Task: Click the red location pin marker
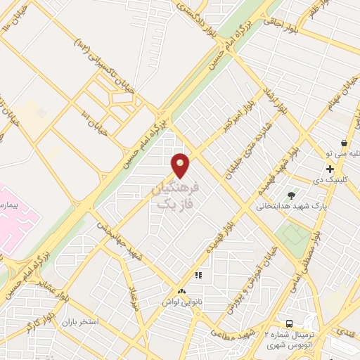pos(181,165)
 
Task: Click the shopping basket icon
pos(343,143)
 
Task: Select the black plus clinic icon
pos(330,169)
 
